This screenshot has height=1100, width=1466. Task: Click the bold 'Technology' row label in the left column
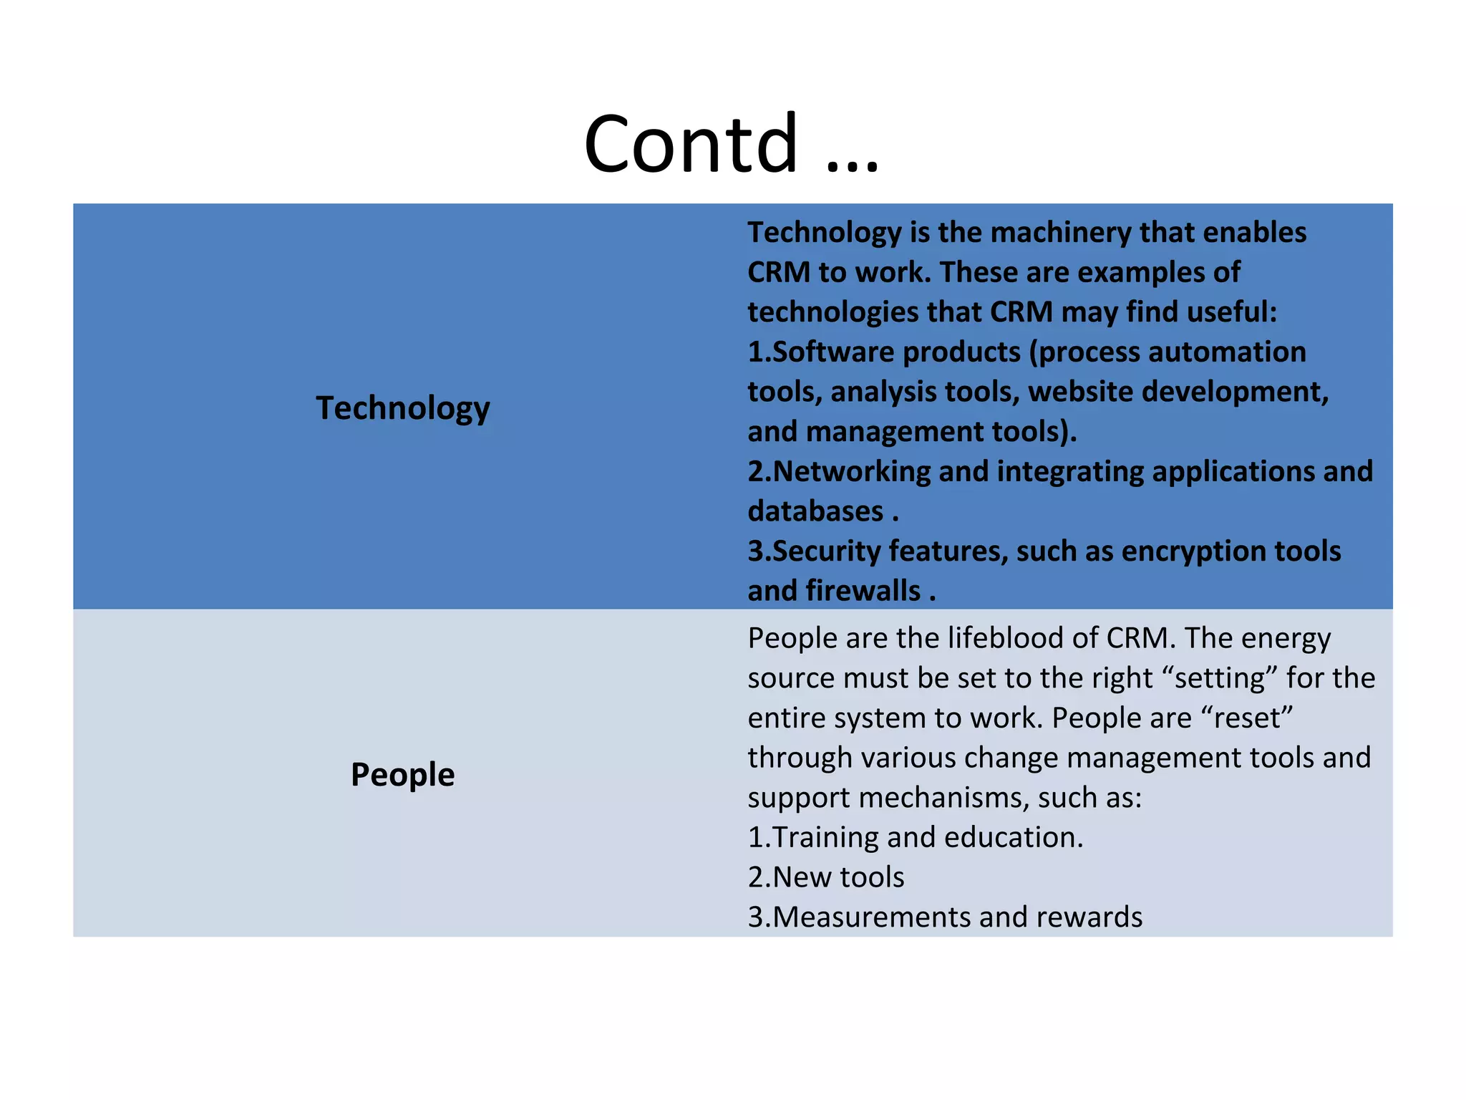tap(403, 408)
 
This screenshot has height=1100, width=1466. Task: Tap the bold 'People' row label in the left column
tap(402, 775)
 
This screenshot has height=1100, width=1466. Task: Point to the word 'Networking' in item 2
tap(851, 472)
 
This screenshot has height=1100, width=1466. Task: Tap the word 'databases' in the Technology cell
tap(815, 512)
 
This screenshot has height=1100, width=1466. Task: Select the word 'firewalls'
tap(863, 592)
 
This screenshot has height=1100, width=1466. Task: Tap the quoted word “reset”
tap(1247, 718)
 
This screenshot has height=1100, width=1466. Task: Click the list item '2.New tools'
tap(826, 877)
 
